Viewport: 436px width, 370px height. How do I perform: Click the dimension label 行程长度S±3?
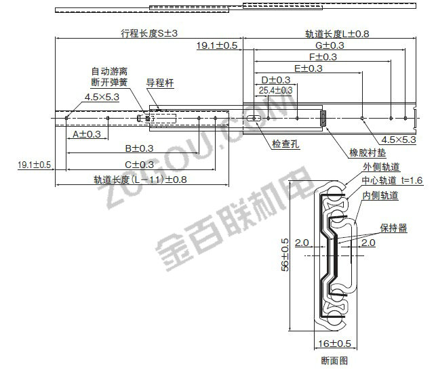pyautogui.click(x=148, y=34)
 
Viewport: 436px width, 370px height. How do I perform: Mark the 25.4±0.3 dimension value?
pyautogui.click(x=275, y=89)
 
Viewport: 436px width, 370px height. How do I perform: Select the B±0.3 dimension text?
pyautogui.click(x=138, y=148)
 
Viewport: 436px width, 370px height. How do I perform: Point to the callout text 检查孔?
pyautogui.click(x=286, y=144)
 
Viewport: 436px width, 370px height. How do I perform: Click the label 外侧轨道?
pyautogui.click(x=381, y=167)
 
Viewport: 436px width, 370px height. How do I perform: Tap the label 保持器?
pyautogui.click(x=394, y=229)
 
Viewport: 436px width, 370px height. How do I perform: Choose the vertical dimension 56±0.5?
pyautogui.click(x=285, y=255)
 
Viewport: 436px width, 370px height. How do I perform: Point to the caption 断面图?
pyautogui.click(x=334, y=361)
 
